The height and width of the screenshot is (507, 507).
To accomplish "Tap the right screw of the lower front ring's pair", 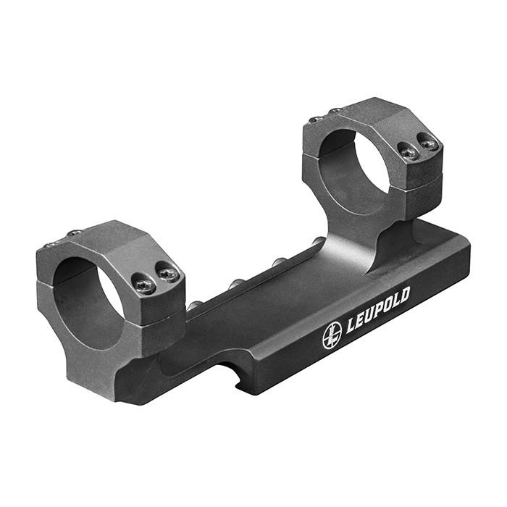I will [168, 274].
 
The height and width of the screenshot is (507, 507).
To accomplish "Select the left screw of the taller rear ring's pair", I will [407, 152].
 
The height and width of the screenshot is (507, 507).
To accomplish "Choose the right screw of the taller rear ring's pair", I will [429, 143].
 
